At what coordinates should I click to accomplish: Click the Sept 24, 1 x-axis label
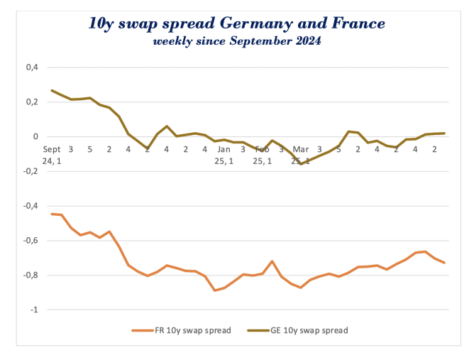52,155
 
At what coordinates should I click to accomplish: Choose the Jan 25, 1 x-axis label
224,155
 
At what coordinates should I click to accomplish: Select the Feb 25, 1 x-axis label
262,155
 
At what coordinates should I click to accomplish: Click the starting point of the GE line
52,90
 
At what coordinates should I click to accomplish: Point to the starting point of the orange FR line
52,214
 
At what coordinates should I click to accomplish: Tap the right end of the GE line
444,133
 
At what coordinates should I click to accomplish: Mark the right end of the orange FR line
444,263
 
